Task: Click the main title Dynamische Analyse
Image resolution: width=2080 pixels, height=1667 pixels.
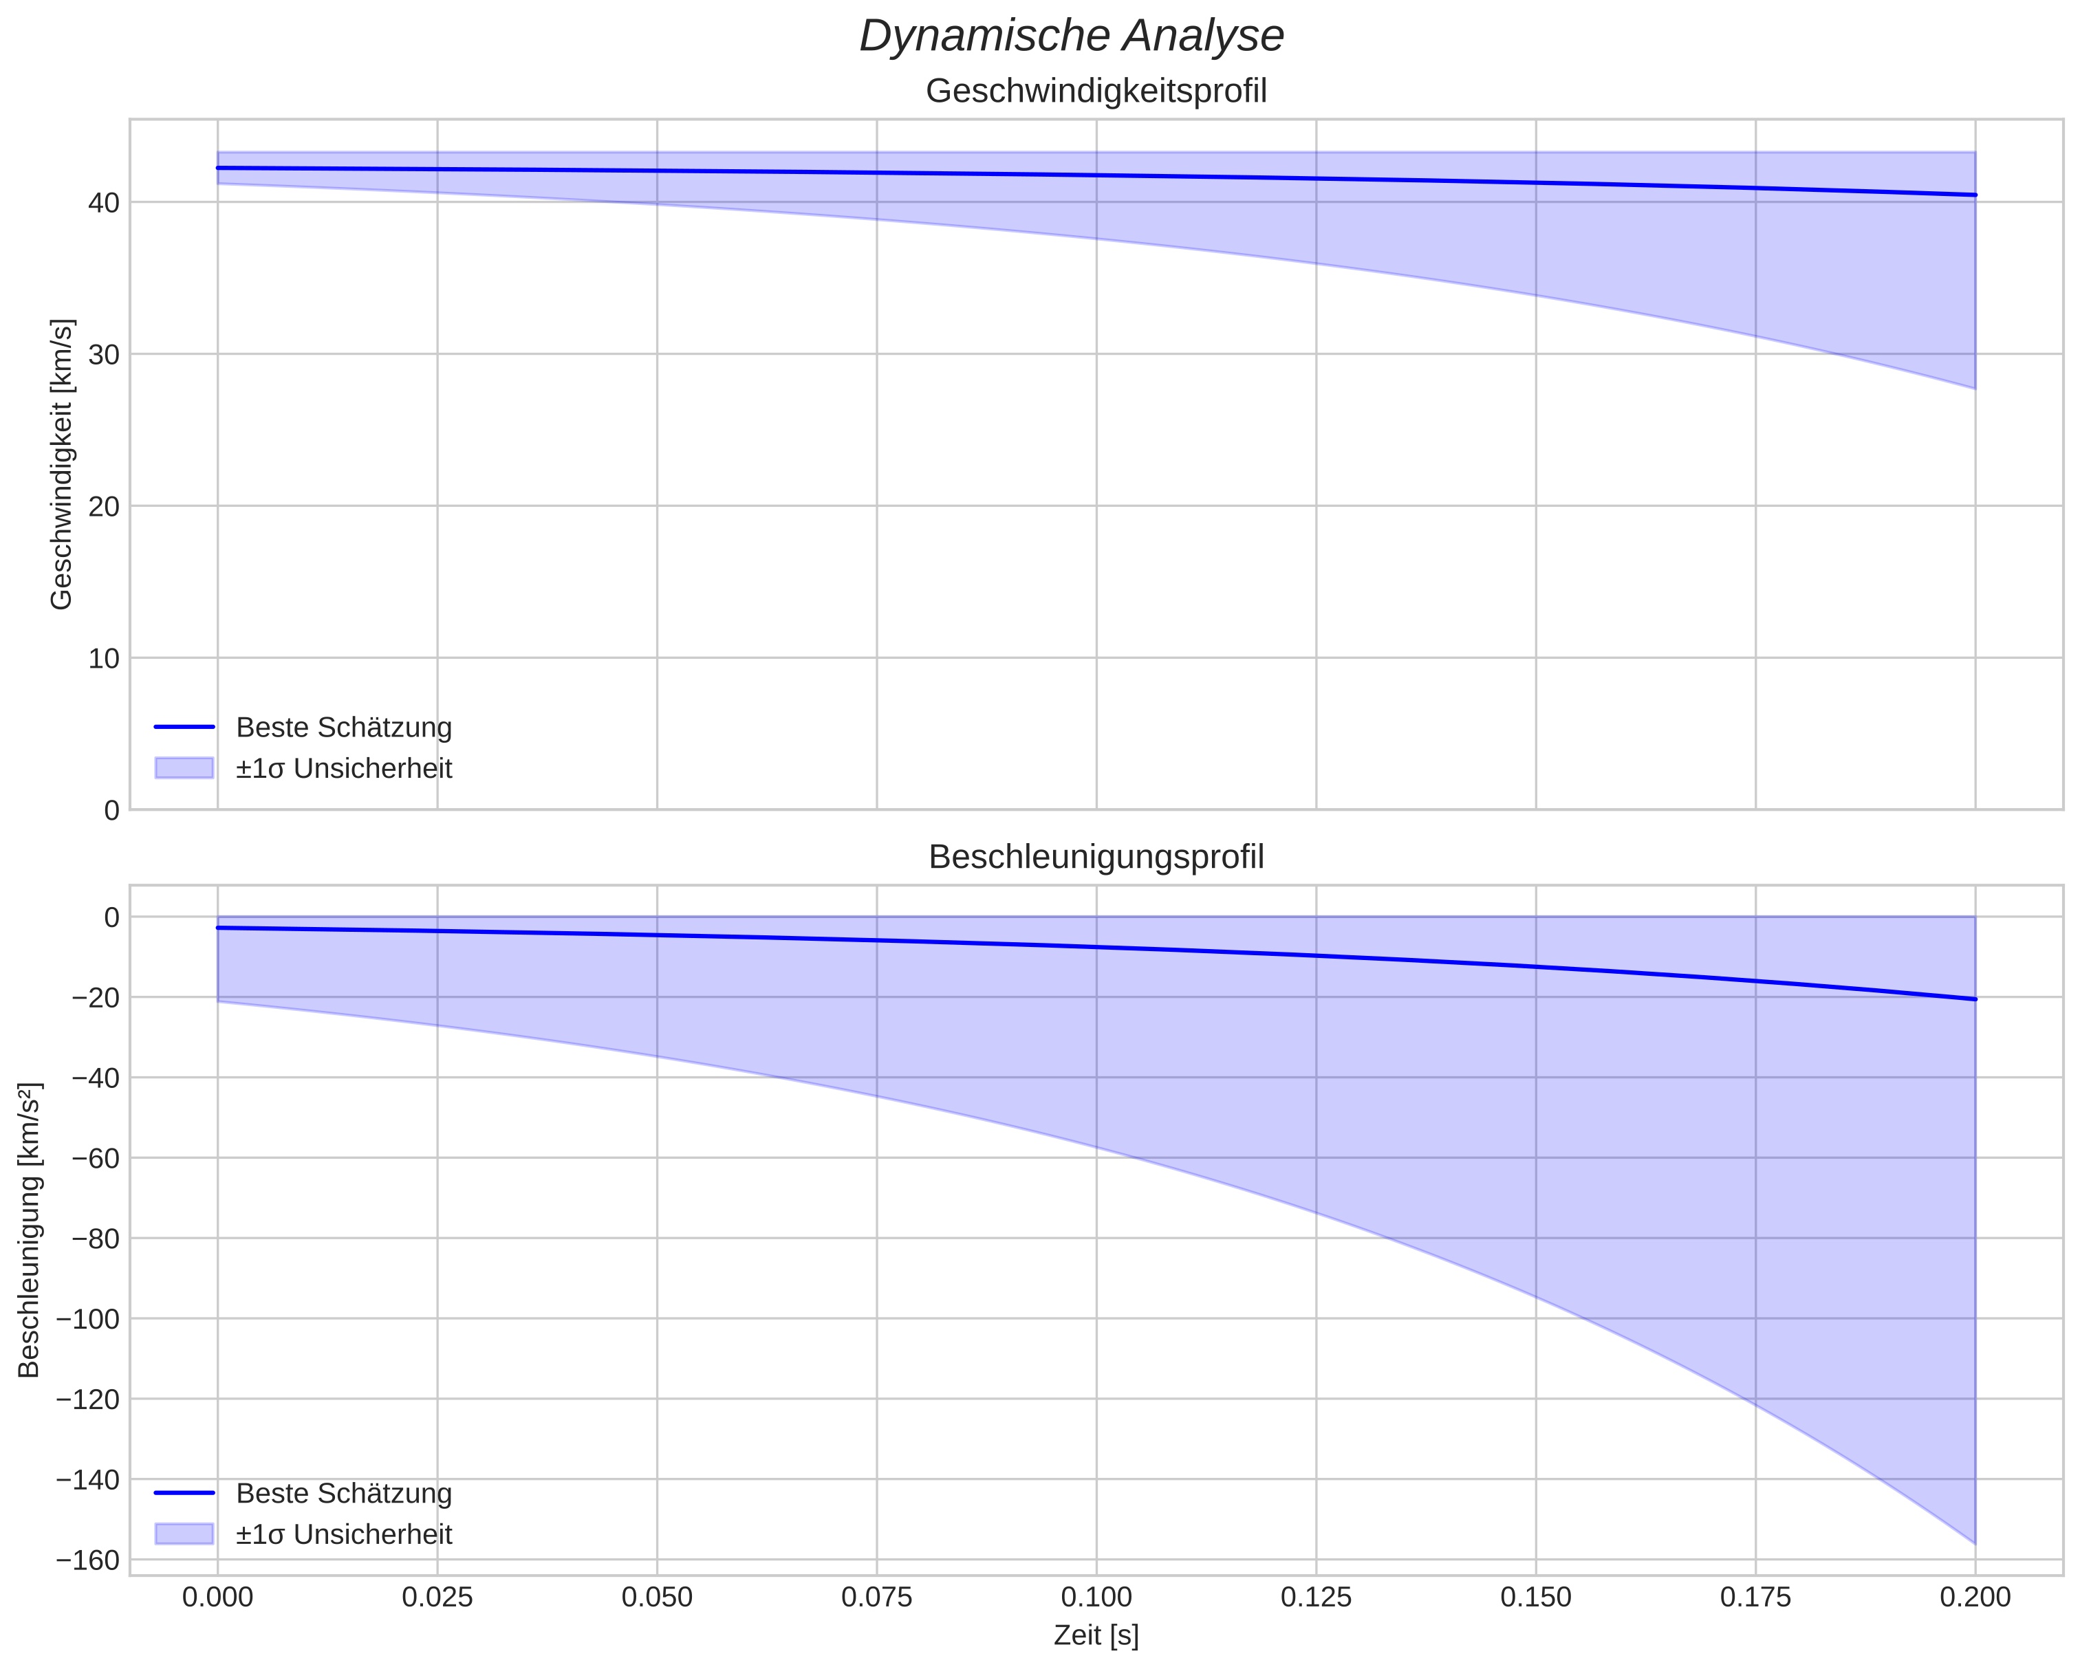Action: [x=1071, y=36]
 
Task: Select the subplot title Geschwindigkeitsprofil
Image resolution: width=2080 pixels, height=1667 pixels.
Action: [x=1096, y=91]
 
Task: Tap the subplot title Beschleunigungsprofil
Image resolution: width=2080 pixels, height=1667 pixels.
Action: [x=1096, y=858]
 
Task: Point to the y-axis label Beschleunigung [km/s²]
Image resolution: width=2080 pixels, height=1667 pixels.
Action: [x=29, y=1231]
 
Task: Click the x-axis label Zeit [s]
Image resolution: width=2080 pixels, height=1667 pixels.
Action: [x=1096, y=1636]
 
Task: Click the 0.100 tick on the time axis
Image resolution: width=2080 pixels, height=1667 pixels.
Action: [x=1096, y=1598]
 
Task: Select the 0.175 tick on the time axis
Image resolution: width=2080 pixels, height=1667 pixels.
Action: [x=1755, y=1598]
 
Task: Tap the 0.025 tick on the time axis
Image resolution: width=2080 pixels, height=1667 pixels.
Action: [x=437, y=1598]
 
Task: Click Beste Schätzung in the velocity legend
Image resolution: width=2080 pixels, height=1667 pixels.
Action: [x=343, y=728]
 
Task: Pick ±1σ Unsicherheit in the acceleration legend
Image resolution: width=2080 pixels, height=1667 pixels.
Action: [x=343, y=1535]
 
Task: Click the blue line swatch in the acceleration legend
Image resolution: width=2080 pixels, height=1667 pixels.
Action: [x=183, y=1494]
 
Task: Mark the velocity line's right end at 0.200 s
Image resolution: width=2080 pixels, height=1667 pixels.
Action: [x=1975, y=195]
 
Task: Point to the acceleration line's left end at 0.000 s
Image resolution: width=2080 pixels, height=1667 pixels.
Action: [x=218, y=928]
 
